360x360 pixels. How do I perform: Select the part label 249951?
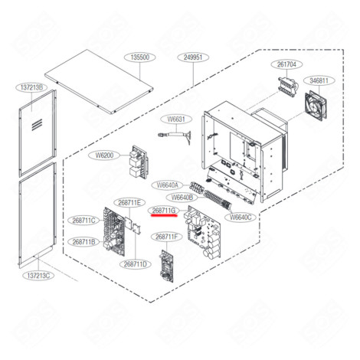(192, 57)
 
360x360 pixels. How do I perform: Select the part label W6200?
(105, 155)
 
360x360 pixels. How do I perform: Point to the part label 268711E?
(128, 203)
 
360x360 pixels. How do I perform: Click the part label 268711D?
(135, 264)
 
